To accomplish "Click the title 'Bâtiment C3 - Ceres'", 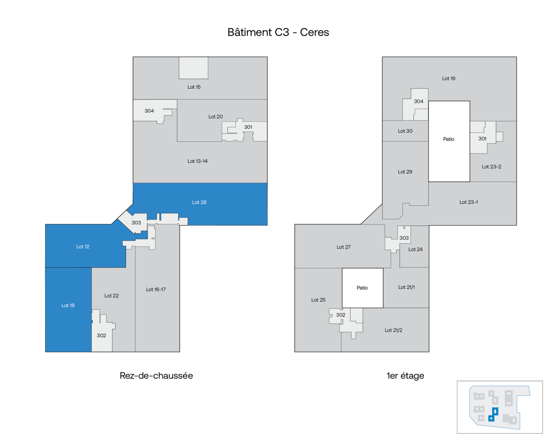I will coord(278,32).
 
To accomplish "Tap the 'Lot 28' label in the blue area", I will coord(199,203).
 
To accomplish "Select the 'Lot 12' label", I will coord(83,247).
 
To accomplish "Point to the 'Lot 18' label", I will coord(68,305).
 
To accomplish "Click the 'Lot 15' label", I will coord(194,87).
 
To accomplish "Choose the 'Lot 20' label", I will coord(216,117).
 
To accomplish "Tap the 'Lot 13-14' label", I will coord(198,161).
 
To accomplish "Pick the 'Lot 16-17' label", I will coord(156,290).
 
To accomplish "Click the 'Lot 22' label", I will coord(111,296).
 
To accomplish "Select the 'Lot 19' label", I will coord(449,79).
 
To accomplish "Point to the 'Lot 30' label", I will coord(405,131).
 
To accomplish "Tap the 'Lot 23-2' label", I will coord(491,167).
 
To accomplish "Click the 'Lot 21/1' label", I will coord(406,287).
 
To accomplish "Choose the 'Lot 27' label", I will coord(343,247).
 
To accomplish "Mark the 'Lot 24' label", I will coord(415,249).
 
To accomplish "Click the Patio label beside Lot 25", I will coord(362,288).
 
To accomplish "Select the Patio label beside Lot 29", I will coord(449,139).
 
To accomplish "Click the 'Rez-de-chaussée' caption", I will coord(156,376).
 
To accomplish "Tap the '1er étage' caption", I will coord(405,376).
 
